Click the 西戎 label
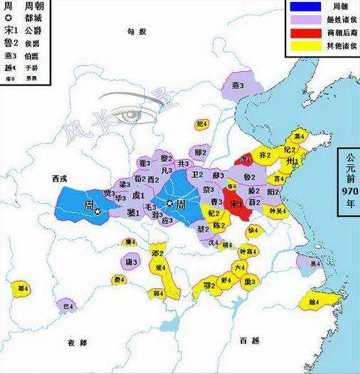pos(52,179)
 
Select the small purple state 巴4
pos(68,306)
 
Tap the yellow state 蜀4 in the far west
pos(23,288)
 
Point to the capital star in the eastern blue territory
pos(170,203)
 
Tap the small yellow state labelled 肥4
pos(201,125)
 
